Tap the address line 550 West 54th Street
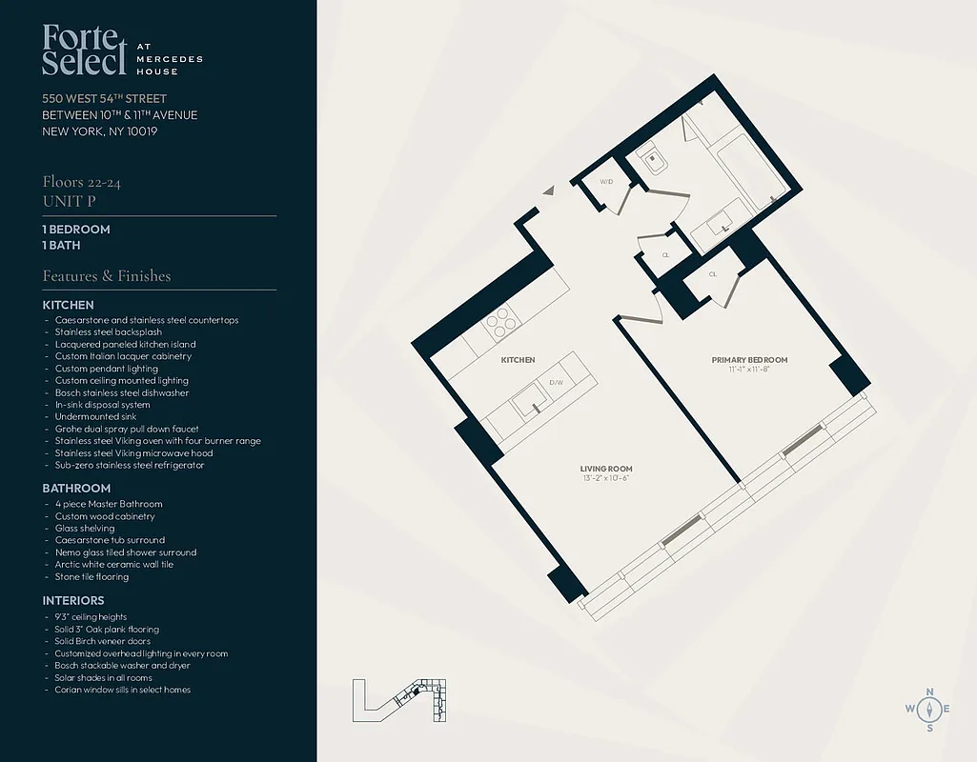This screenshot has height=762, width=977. tap(105, 99)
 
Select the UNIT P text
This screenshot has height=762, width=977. tap(68, 201)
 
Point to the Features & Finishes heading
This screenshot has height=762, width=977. tap(107, 276)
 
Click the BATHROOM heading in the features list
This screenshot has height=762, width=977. tap(77, 489)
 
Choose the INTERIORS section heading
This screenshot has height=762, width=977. tap(73, 601)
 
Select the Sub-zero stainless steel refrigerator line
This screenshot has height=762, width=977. tap(130, 466)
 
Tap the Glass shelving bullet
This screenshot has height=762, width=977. tap(85, 528)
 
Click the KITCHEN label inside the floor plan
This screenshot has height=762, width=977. tap(518, 360)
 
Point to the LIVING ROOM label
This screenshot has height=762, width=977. tap(606, 469)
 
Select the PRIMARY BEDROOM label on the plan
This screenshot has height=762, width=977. tap(749, 360)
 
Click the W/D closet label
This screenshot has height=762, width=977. tap(606, 181)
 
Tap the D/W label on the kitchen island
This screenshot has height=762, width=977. tap(557, 384)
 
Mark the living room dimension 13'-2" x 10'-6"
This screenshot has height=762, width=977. tap(606, 478)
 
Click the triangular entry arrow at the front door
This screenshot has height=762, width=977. tap(548, 190)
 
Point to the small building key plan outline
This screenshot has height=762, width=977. tap(399, 699)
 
